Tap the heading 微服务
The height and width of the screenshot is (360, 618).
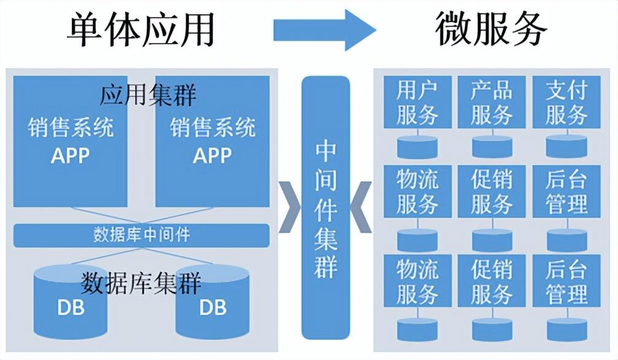coord(491,29)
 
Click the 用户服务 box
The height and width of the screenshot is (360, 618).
coord(417,102)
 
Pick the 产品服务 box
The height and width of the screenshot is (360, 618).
coord(491,102)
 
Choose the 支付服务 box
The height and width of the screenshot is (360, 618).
coord(566,102)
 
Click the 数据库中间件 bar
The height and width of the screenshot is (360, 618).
coord(141,235)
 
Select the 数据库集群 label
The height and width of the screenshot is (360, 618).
coord(142,283)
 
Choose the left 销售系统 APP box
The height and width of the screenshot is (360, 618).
coord(71,141)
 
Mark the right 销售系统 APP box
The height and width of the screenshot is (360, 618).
coord(213,141)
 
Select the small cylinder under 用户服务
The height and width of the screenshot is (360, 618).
coord(417,146)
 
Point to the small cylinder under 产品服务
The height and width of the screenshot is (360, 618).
coord(491,146)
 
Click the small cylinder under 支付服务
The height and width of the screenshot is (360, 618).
coord(566,146)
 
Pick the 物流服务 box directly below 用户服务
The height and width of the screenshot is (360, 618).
coord(417,191)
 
